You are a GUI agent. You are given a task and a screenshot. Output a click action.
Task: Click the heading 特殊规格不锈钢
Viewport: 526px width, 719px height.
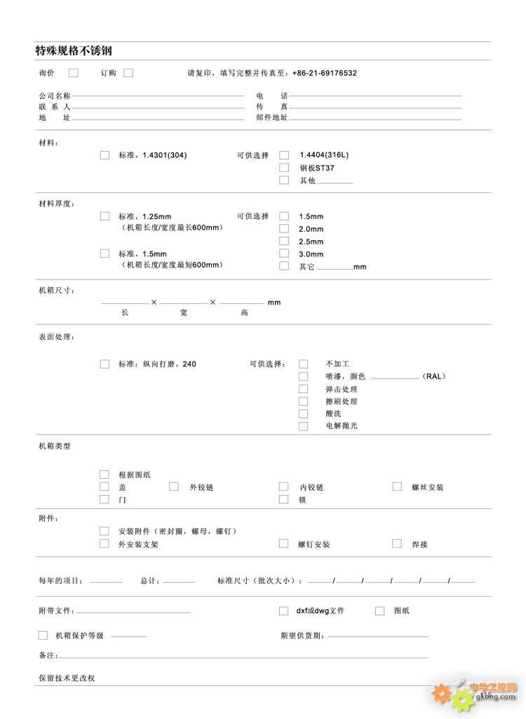[74, 51]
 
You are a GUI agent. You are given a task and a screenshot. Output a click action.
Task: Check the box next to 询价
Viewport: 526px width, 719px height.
[74, 72]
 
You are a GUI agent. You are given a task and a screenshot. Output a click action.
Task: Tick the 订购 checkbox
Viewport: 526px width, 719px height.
[128, 72]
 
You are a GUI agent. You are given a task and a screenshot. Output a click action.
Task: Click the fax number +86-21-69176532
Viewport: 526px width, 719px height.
[324, 73]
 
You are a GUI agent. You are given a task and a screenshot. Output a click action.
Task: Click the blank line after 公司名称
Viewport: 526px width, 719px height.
[158, 95]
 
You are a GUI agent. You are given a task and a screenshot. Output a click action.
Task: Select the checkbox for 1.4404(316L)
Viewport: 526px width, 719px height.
[284, 154]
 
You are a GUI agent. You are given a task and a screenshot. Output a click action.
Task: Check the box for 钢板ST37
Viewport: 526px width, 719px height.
[284, 167]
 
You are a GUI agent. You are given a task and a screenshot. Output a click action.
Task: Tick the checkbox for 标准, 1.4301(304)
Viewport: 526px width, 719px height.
[104, 154]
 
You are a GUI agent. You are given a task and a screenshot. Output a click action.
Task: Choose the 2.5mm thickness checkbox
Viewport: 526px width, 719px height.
[284, 241]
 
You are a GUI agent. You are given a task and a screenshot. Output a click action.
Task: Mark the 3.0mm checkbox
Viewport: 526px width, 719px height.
[284, 253]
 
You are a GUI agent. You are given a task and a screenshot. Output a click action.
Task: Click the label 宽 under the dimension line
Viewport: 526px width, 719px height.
[184, 312]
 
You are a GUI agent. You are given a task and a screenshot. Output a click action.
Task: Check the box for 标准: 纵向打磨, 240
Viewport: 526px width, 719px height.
[104, 364]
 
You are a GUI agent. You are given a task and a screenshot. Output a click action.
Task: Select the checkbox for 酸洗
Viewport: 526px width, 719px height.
[304, 414]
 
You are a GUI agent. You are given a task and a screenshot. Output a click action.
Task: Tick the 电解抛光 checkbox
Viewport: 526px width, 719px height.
[304, 426]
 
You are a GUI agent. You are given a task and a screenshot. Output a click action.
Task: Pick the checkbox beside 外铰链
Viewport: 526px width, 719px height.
[175, 487]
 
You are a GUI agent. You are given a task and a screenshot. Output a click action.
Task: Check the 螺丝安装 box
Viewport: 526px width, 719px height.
[397, 487]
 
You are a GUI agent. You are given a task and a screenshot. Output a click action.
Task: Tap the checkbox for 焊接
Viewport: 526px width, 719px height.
[397, 543]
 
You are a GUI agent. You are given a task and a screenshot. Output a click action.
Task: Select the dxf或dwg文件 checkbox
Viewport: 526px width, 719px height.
[284, 611]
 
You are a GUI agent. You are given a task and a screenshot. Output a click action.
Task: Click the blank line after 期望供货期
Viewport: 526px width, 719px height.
[378, 636]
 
